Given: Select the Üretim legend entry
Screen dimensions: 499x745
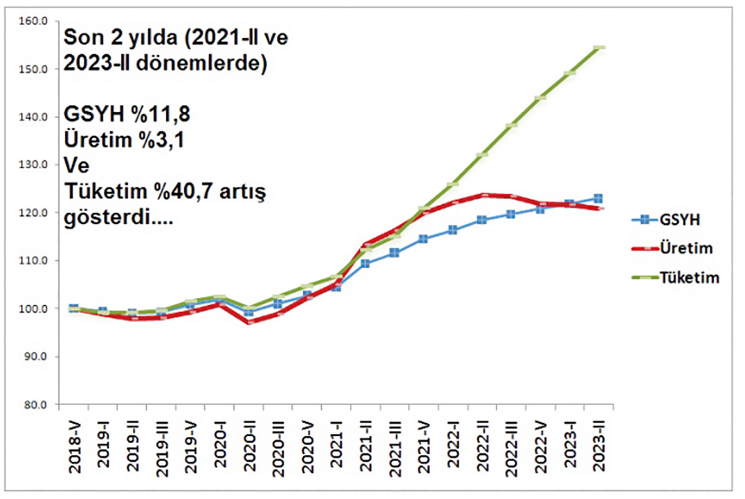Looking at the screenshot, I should tap(679, 248).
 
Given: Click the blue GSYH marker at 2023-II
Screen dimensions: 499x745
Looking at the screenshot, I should tap(598, 199).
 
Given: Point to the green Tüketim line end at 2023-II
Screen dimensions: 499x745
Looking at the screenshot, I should tap(600, 48).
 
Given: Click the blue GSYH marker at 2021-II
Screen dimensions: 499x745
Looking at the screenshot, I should tap(366, 264).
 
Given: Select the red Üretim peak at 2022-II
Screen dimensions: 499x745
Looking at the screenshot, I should tap(482, 195).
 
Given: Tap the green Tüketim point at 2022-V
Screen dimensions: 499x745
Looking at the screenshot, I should tap(541, 97).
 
